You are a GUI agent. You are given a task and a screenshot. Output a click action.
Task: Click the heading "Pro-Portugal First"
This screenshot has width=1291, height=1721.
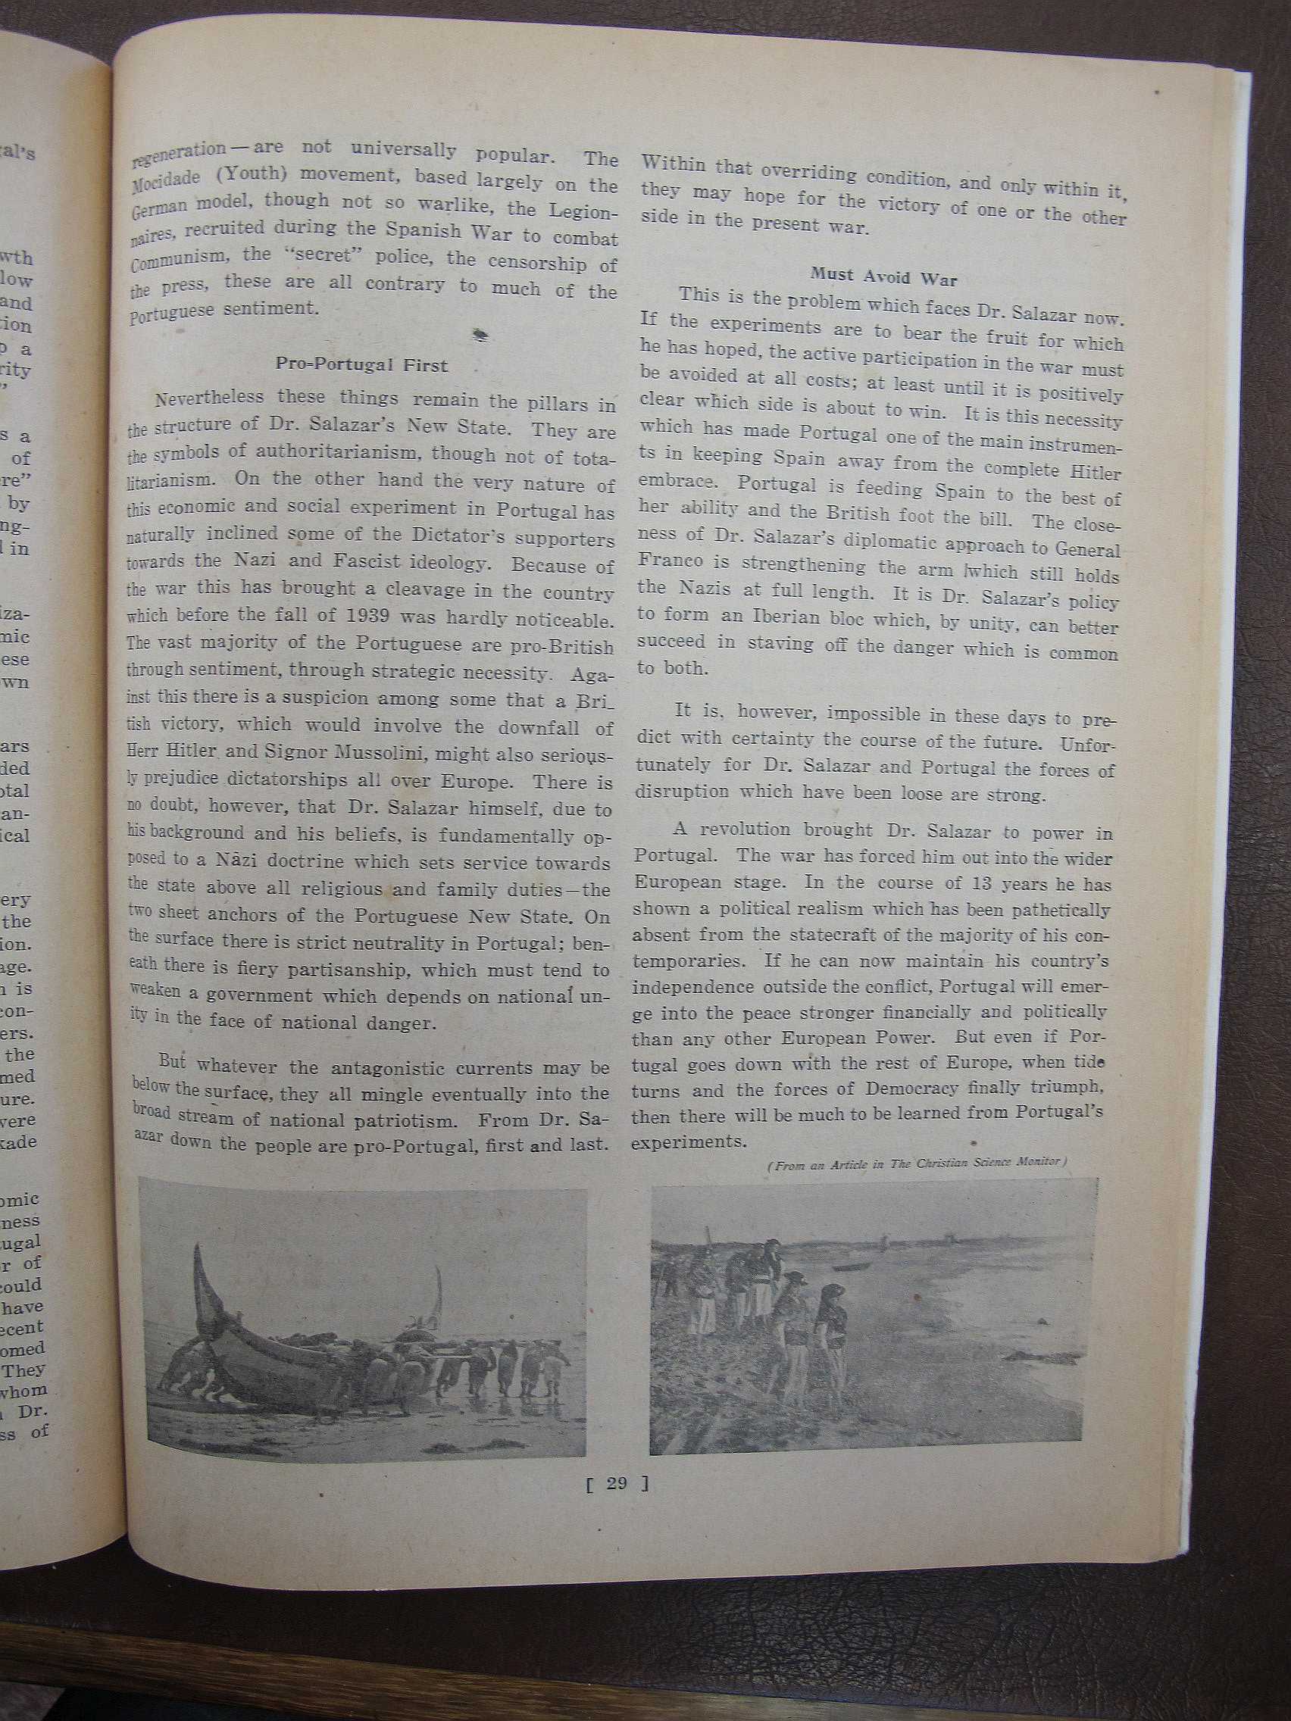tap(361, 364)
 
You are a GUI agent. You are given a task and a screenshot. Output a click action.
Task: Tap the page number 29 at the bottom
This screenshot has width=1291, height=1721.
tap(616, 1483)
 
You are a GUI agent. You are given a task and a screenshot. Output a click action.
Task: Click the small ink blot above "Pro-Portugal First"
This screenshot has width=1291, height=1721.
tap(480, 334)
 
